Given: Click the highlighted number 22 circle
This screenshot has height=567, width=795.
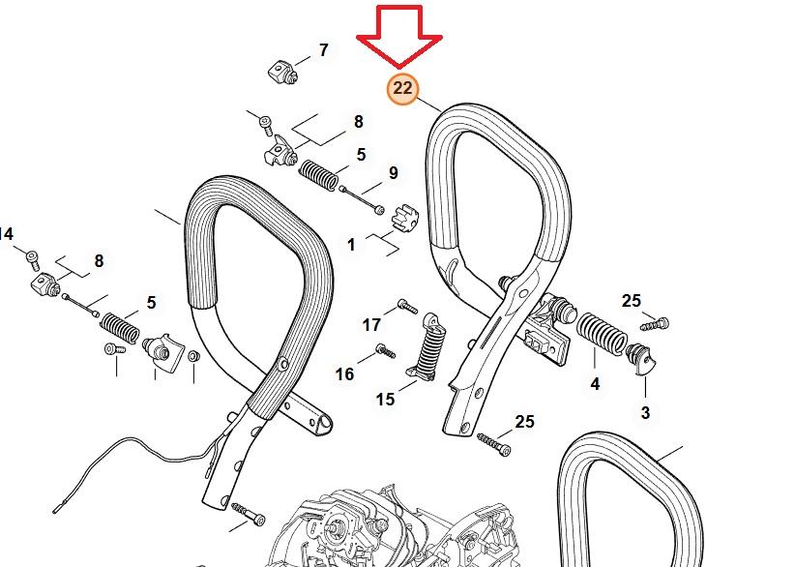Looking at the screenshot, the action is coord(402,89).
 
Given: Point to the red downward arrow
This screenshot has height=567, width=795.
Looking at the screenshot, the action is coord(399,36).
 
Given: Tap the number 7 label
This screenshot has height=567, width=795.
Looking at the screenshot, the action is coord(323,50).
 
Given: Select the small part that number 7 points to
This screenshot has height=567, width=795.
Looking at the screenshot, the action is coord(282,72).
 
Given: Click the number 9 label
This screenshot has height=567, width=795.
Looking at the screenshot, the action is coord(394,173).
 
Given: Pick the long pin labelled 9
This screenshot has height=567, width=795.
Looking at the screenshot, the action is coord(362,200).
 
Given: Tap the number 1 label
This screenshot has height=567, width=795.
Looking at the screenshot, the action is coord(351,245).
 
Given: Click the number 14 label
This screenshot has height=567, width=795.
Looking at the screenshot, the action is coord(6,234).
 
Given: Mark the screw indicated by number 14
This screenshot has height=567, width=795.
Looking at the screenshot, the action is coord(33,260).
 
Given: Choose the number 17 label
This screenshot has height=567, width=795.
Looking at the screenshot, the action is coord(371,324).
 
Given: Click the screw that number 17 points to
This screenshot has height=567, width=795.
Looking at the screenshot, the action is coord(407,307).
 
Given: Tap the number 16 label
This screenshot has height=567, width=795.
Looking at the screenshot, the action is coord(344,374).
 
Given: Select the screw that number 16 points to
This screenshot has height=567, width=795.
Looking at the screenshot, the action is coord(385,351).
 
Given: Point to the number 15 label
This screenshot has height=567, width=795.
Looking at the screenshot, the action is coord(385,400).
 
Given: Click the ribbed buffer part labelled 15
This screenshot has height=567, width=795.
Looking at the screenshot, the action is coord(427,345).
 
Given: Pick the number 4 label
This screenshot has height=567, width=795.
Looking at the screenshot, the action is coord(595,384).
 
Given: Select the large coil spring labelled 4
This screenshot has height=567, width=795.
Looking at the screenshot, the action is coord(603,332).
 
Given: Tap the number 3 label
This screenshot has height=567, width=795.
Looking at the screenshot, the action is coord(645,413).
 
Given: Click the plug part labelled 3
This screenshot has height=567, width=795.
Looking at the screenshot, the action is coord(641,359).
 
